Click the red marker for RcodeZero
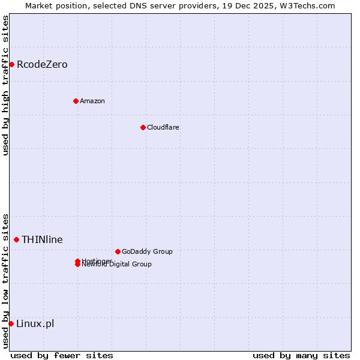click(11, 64)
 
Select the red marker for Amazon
click(76, 101)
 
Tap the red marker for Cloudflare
click(143, 127)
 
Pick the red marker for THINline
click(16, 239)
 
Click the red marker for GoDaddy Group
click(118, 251)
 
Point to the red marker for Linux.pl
click(11, 323)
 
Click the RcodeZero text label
click(42, 64)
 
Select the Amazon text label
click(92, 101)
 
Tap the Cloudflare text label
click(163, 127)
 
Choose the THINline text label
click(42, 239)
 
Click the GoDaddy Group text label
click(147, 251)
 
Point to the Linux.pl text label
click(35, 323)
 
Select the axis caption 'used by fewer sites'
click(62, 355)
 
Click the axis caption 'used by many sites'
click(301, 355)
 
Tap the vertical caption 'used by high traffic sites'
click(5, 85)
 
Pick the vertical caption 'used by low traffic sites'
click(5, 280)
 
